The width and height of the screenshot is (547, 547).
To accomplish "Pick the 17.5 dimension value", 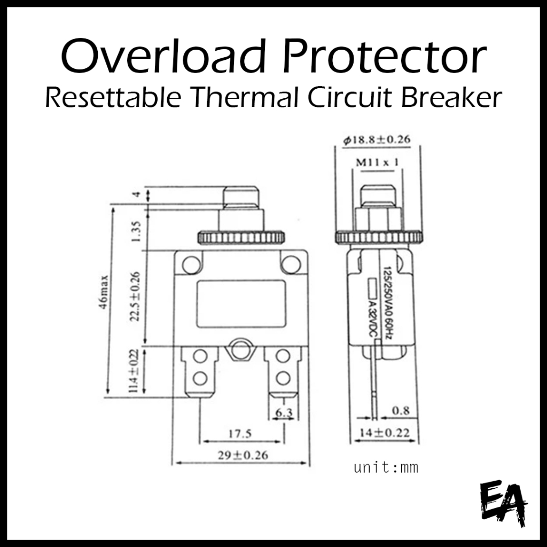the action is (240, 434).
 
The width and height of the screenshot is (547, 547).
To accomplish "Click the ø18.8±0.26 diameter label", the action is (377, 140).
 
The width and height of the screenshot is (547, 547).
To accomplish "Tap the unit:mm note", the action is (386, 468).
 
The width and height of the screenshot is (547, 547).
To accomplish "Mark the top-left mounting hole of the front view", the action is (191, 263).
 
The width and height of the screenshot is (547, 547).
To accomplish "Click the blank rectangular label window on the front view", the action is (241, 303).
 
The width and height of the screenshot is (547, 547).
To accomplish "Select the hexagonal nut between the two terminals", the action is (240, 350).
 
